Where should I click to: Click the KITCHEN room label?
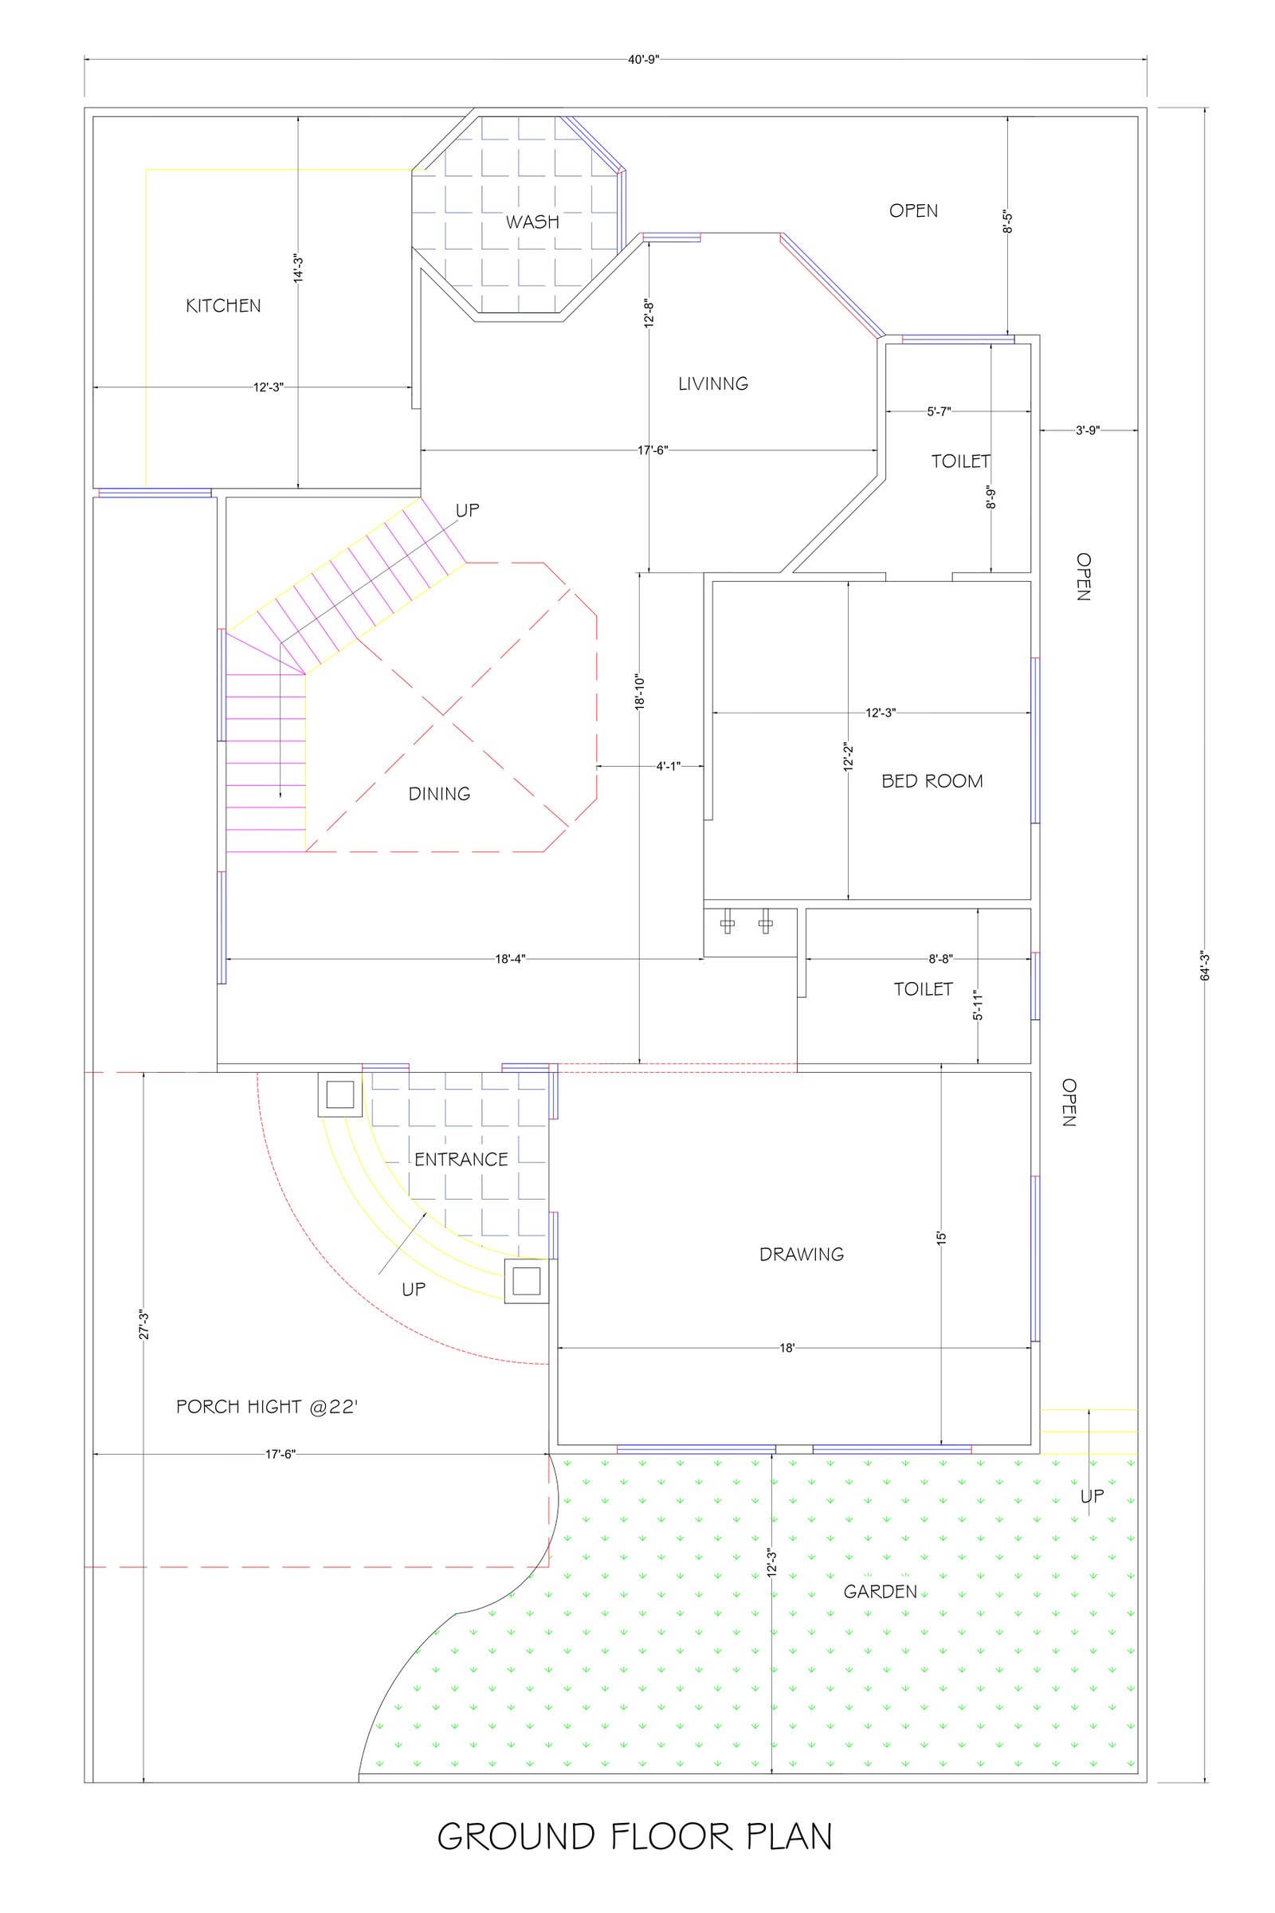coord(224,306)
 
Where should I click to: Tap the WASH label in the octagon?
coord(532,222)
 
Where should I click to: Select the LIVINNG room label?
coord(713,384)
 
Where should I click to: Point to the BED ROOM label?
coord(932,782)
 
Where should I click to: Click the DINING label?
coord(439,794)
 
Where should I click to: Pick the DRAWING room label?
coord(802,1254)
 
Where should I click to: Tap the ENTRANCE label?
coord(461,1160)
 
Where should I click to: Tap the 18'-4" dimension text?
coord(511,959)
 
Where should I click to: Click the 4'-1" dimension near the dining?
coord(669,766)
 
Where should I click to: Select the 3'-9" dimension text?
coord(1088,430)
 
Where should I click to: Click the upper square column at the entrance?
coord(340,1094)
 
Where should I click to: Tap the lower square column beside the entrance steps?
coord(527,1282)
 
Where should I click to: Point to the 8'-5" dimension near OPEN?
coord(1007,222)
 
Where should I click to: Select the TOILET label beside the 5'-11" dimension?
coord(923,989)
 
